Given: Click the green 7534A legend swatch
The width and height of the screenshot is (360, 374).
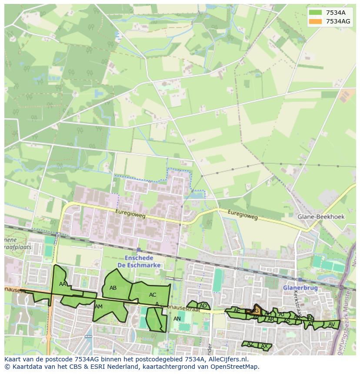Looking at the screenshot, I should pyautogui.click(x=316, y=13).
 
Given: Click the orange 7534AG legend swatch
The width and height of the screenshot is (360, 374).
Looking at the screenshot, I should pyautogui.click(x=316, y=21).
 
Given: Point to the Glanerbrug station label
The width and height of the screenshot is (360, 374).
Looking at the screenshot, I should pyautogui.click(x=300, y=288).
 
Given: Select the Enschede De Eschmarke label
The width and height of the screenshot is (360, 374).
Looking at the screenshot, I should pyautogui.click(x=140, y=261).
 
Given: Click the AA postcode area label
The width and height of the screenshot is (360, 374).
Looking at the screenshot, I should pyautogui.click(x=63, y=284).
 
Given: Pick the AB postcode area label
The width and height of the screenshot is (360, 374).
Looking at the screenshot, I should pyautogui.click(x=113, y=288).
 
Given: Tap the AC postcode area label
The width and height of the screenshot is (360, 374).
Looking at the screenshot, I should pyautogui.click(x=153, y=295).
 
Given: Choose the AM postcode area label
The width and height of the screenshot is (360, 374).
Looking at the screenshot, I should pyautogui.click(x=99, y=306).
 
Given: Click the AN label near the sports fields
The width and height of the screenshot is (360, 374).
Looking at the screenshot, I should pyautogui.click(x=177, y=318).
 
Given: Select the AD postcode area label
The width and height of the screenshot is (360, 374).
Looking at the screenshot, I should pyautogui.click(x=203, y=305).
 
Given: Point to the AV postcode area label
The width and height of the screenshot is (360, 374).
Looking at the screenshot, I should pyautogui.click(x=332, y=324).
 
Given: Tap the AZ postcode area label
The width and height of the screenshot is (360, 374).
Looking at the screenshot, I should pyautogui.click(x=250, y=344).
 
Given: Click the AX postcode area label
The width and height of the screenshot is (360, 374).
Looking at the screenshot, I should pyautogui.click(x=264, y=346).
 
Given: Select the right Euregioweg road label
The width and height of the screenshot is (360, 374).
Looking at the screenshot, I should pyautogui.click(x=243, y=214).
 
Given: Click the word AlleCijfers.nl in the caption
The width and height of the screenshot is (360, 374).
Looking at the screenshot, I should pyautogui.click(x=227, y=359).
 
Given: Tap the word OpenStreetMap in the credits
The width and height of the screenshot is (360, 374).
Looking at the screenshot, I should pyautogui.click(x=237, y=367).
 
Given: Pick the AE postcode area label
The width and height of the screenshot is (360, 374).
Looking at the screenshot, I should pyautogui.click(x=237, y=311).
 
